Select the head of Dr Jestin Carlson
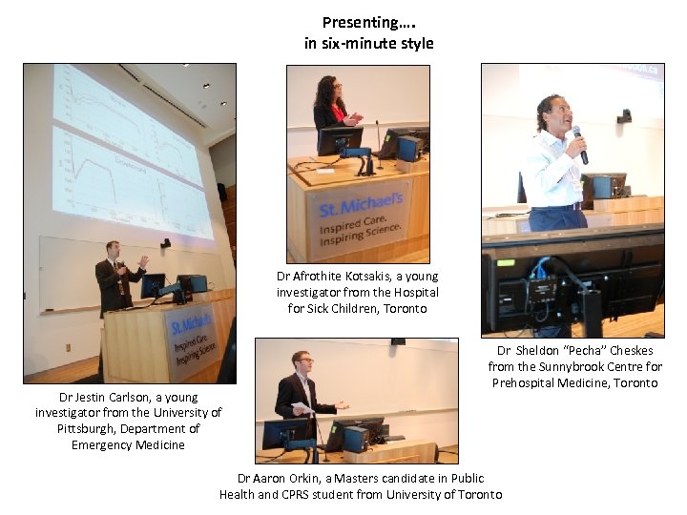pos(114,251)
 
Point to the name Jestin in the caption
pos(91,397)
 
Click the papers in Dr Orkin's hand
pos(302,409)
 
